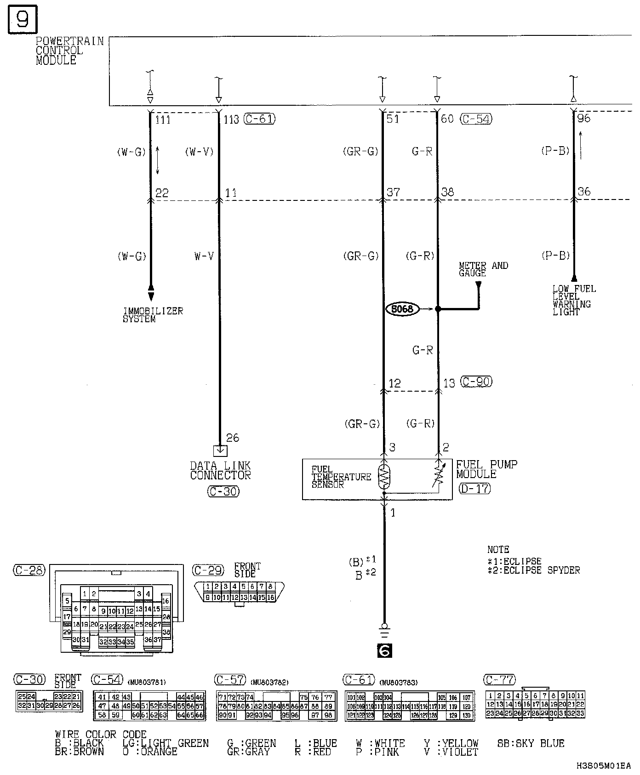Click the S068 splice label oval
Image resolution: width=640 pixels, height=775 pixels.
tap(403, 309)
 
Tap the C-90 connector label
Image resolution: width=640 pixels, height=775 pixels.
tap(476, 382)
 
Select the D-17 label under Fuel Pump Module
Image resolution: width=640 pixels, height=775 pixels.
tap(474, 488)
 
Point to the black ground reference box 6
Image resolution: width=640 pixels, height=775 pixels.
tap(384, 650)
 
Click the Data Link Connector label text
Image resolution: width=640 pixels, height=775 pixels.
tap(221, 471)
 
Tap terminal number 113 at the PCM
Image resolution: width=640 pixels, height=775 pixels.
tap(231, 120)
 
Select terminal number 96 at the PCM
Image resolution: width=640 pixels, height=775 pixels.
tap(583, 118)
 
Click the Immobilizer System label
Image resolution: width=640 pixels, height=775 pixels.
tap(153, 315)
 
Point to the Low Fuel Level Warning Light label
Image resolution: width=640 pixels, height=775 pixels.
tap(574, 300)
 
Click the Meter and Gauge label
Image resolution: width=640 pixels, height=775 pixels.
tap(483, 269)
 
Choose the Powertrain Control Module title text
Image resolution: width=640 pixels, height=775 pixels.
tap(70, 51)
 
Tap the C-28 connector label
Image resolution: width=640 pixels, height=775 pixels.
tap(29, 570)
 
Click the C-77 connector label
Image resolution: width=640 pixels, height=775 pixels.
tap(500, 679)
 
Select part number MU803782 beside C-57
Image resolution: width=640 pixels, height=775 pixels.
tap(269, 683)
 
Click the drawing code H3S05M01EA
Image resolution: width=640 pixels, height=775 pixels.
tap(603, 766)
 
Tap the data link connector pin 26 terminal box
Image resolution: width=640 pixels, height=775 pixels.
tap(220, 450)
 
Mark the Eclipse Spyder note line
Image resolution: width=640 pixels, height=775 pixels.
tap(533, 570)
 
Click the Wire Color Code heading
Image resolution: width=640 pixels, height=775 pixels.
tap(101, 735)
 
